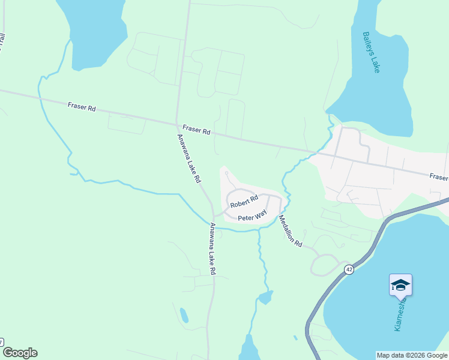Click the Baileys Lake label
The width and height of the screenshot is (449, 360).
pyautogui.click(x=371, y=52)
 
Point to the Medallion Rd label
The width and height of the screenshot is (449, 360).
pyautogui.click(x=291, y=230)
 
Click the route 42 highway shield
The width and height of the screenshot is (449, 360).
pyautogui.click(x=349, y=270)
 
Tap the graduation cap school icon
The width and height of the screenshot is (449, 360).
pyautogui.click(x=400, y=284)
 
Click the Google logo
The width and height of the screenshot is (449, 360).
pyautogui.click(x=19, y=353)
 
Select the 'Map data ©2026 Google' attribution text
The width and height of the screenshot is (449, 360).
pyautogui.click(x=412, y=355)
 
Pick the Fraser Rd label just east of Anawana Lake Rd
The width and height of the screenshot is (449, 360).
pyautogui.click(x=197, y=130)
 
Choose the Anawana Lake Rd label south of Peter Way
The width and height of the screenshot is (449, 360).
pyautogui.click(x=212, y=248)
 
